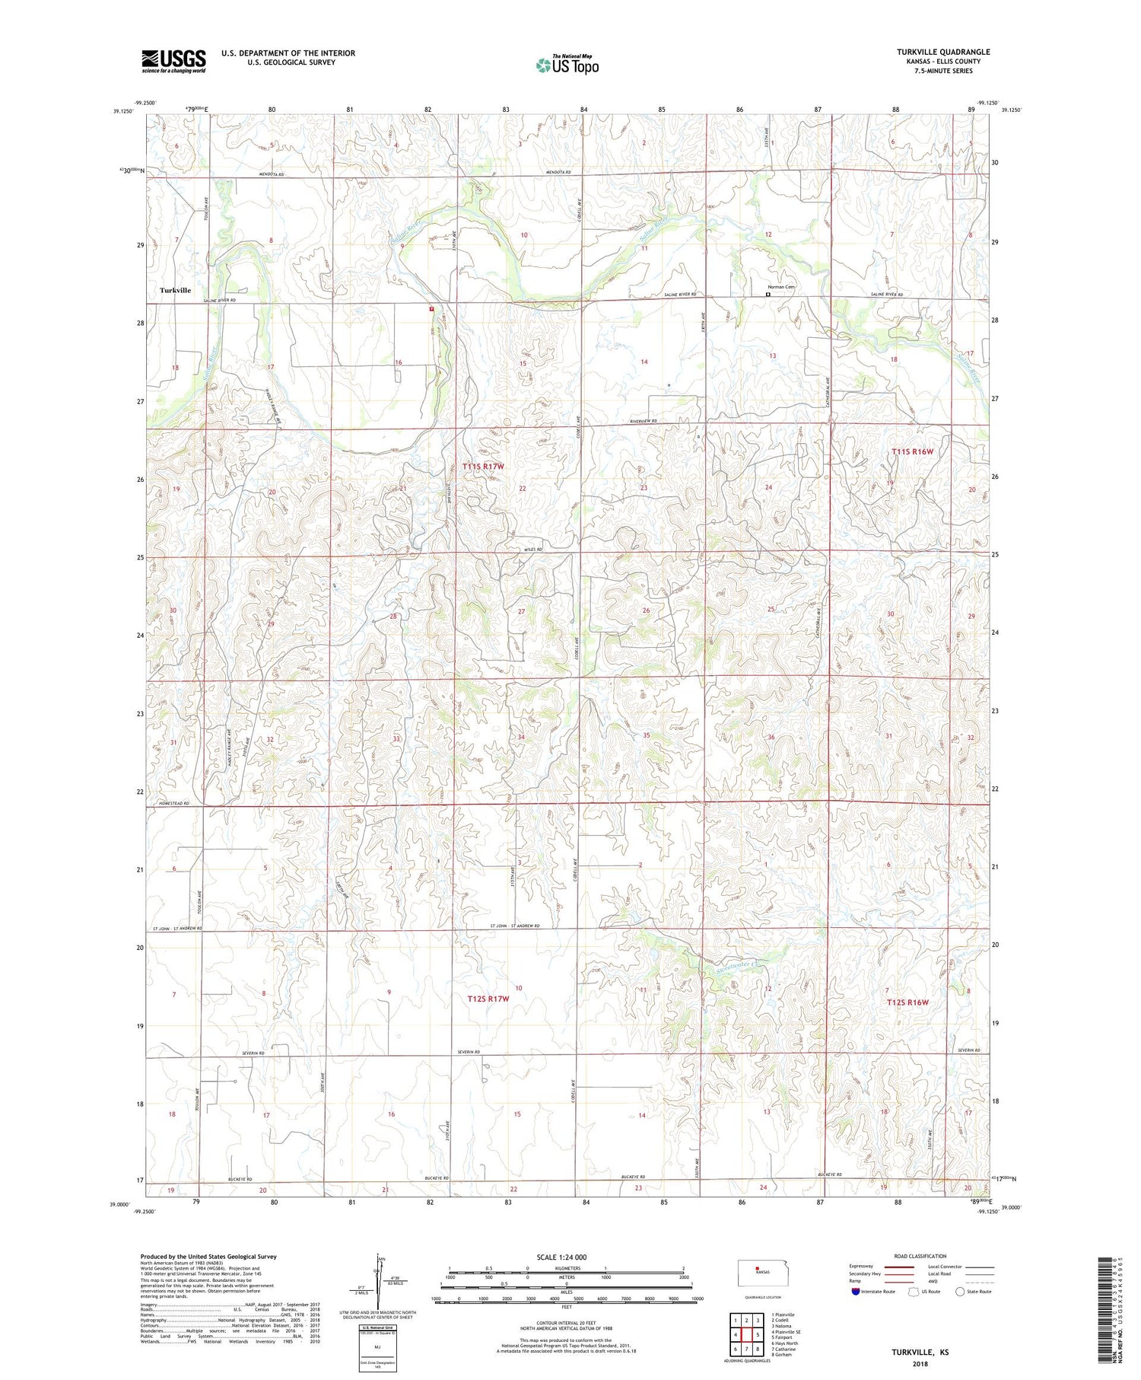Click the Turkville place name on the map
click(x=175, y=290)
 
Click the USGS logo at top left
click(x=173, y=61)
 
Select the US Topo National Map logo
click(x=567, y=65)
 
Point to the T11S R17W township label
click(x=483, y=465)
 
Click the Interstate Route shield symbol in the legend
click(x=856, y=1292)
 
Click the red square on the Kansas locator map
click(x=757, y=1268)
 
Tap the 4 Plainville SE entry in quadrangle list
click(x=786, y=1331)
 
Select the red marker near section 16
click(x=431, y=309)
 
